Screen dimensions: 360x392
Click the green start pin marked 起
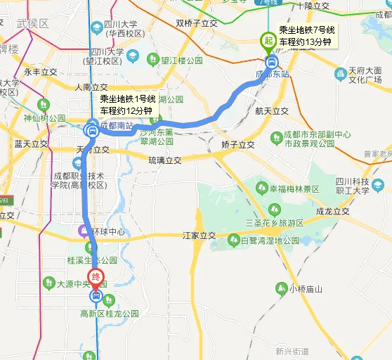(x=268, y=41)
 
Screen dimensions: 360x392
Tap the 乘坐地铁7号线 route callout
(x=307, y=37)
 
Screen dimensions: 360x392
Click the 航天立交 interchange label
(x=272, y=111)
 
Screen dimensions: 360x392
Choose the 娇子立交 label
(x=238, y=144)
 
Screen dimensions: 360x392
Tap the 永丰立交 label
(x=41, y=72)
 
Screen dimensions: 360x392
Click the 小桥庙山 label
(x=303, y=288)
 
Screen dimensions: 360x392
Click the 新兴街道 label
(x=292, y=351)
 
